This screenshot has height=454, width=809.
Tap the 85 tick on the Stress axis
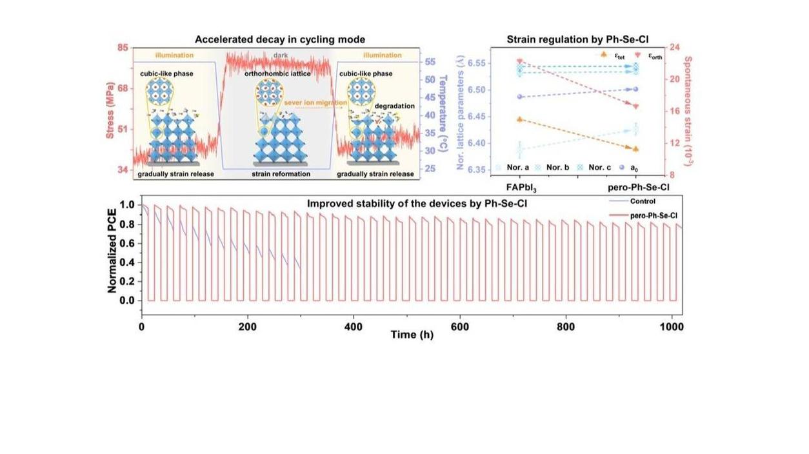click(x=123, y=48)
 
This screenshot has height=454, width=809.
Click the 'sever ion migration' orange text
click(x=315, y=103)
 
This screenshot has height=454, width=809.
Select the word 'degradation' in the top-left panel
click(x=394, y=106)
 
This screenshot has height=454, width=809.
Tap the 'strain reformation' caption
click(x=281, y=174)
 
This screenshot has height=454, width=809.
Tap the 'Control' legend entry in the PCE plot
click(x=642, y=201)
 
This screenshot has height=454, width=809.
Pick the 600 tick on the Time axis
click(x=460, y=327)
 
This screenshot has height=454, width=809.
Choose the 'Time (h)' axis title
click(x=412, y=335)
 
